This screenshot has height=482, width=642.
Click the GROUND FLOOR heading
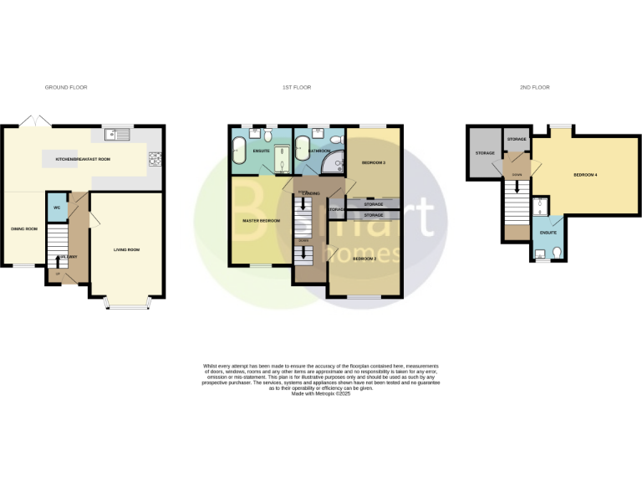66,87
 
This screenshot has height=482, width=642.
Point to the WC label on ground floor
56,208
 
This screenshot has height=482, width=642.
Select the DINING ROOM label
23,228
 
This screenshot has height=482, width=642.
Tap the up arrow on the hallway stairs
58,262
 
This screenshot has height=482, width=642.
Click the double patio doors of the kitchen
38,121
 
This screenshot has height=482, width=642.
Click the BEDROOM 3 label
373,162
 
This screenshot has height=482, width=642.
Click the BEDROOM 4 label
585,175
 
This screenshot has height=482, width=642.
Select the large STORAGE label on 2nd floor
486,153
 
